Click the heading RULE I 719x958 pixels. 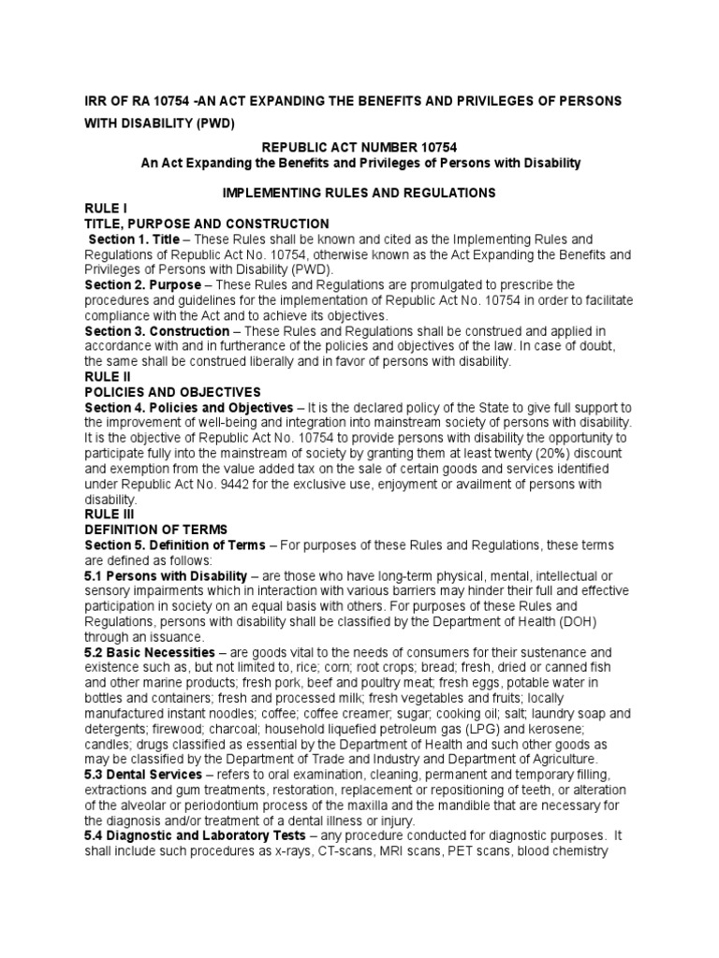click(x=106, y=209)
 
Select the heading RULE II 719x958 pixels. click(x=109, y=376)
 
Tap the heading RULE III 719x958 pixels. click(x=110, y=514)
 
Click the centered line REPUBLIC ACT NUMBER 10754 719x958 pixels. click(x=360, y=148)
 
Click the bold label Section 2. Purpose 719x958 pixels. click(x=142, y=284)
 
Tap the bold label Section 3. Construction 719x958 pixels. click(x=156, y=331)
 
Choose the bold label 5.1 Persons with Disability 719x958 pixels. click(x=166, y=574)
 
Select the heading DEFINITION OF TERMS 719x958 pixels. click(x=156, y=529)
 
